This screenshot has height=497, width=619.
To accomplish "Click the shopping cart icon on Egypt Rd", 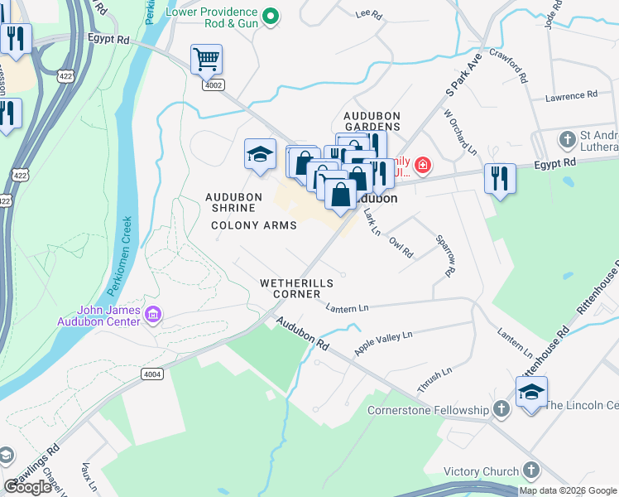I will [206, 59].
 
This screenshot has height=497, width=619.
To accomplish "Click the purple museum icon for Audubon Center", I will [152, 315].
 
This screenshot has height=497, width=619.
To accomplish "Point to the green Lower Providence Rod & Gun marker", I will [270, 16].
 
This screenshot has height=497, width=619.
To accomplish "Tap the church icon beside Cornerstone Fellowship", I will [501, 410].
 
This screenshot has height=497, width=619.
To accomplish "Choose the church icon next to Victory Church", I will [530, 471].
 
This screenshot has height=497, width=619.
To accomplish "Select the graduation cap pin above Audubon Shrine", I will [259, 154].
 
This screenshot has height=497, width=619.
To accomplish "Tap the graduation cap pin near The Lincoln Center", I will [530, 392].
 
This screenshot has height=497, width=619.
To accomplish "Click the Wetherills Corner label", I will [296, 289].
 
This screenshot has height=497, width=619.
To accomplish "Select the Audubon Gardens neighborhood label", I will [372, 121].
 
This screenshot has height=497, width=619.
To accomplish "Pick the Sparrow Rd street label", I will [446, 254].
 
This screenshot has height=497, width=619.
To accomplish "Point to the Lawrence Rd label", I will [571, 96].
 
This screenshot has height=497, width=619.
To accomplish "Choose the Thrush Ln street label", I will [434, 379].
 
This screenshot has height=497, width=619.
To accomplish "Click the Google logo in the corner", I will [29, 487].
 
